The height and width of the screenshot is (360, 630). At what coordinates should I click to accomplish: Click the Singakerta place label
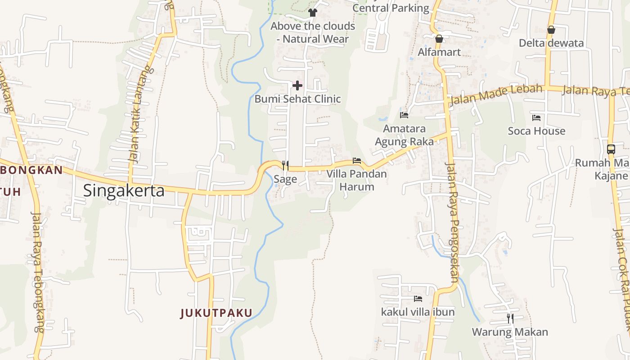click(124, 191)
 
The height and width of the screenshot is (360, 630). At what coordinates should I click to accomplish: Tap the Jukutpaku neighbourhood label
click(216, 313)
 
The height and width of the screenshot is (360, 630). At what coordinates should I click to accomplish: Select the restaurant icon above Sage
click(285, 165)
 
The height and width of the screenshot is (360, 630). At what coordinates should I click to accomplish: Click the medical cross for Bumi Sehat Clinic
click(297, 85)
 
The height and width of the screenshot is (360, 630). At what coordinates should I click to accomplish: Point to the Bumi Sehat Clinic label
click(297, 99)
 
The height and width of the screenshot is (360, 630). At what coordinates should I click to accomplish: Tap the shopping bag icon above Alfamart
click(439, 39)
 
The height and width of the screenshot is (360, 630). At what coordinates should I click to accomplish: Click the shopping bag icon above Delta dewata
click(551, 30)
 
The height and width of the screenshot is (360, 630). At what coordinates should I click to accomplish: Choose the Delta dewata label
click(551, 43)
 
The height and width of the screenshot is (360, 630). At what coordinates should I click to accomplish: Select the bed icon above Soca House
click(536, 118)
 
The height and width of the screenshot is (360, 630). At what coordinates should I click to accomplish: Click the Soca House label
click(536, 131)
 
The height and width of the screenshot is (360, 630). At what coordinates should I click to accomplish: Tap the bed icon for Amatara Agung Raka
click(404, 115)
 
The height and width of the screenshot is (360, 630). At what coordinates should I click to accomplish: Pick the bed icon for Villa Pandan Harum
click(357, 161)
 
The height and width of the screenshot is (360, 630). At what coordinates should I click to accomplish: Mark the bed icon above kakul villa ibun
click(418, 298)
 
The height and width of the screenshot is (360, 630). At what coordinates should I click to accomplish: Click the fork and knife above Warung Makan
click(510, 319)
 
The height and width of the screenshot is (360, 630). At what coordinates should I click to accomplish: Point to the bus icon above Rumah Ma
click(611, 149)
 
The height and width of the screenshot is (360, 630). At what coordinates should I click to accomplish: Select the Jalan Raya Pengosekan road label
click(451, 223)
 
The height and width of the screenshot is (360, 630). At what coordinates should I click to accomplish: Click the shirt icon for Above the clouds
click(313, 12)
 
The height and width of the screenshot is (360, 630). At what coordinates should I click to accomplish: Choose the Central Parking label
click(391, 8)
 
